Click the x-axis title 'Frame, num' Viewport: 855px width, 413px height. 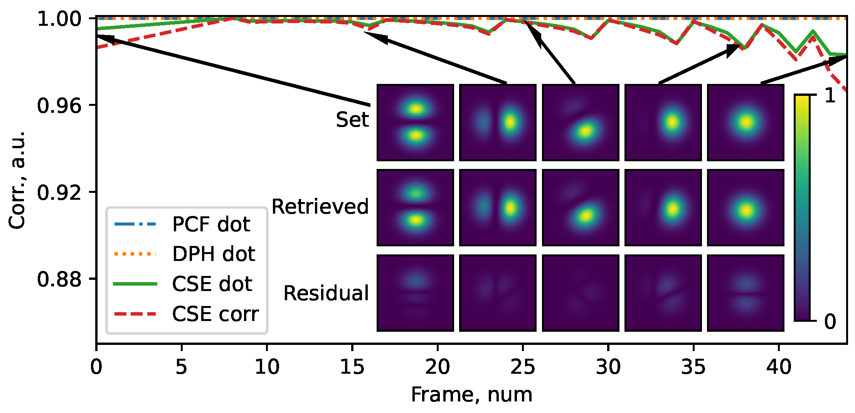click(471, 395)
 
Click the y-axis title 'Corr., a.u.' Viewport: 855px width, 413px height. click(17, 180)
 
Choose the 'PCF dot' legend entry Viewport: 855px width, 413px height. click(211, 224)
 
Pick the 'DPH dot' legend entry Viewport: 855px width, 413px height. click(213, 254)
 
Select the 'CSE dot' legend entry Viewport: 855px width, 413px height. click(212, 284)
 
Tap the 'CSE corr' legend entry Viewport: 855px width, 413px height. click(215, 314)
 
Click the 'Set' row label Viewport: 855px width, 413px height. click(352, 119)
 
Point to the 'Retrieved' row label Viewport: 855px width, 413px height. click(320, 207)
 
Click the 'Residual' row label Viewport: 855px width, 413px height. click(326, 293)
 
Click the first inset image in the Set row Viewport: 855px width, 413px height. click(415, 122)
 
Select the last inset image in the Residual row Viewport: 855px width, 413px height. click(746, 293)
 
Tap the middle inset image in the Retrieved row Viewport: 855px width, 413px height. click(580, 207)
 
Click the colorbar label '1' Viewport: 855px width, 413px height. click(830, 95)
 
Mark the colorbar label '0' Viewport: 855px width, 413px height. click(830, 321)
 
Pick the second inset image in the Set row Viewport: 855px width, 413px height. click(498, 122)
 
